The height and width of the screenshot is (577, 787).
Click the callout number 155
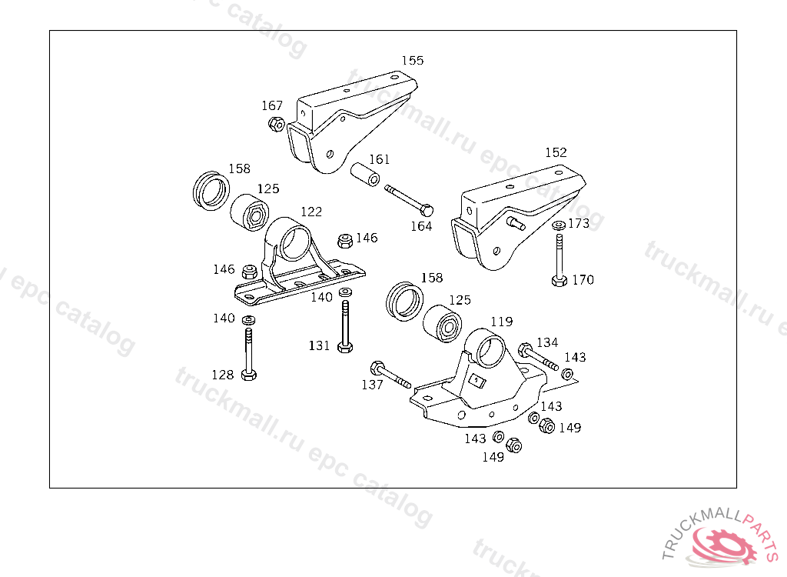pyautogui.click(x=413, y=60)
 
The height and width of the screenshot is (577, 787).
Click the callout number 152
pyautogui.click(x=556, y=152)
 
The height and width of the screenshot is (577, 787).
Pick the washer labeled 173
pyautogui.click(x=558, y=226)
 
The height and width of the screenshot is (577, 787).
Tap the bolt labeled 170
pyautogui.click(x=559, y=262)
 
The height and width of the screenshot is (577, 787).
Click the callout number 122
pyautogui.click(x=311, y=212)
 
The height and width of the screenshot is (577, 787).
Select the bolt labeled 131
pyautogui.click(x=345, y=326)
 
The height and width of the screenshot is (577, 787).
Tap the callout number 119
pyautogui.click(x=502, y=322)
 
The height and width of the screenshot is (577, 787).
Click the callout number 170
pyautogui.click(x=583, y=280)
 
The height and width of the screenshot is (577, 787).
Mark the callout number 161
pyautogui.click(x=380, y=160)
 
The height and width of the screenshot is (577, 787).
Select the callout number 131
pyautogui.click(x=320, y=346)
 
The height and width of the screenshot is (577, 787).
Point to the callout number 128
pyautogui.click(x=223, y=375)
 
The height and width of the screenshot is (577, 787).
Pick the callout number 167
pyautogui.click(x=272, y=106)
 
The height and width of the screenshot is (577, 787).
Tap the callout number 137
pyautogui.click(x=372, y=385)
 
